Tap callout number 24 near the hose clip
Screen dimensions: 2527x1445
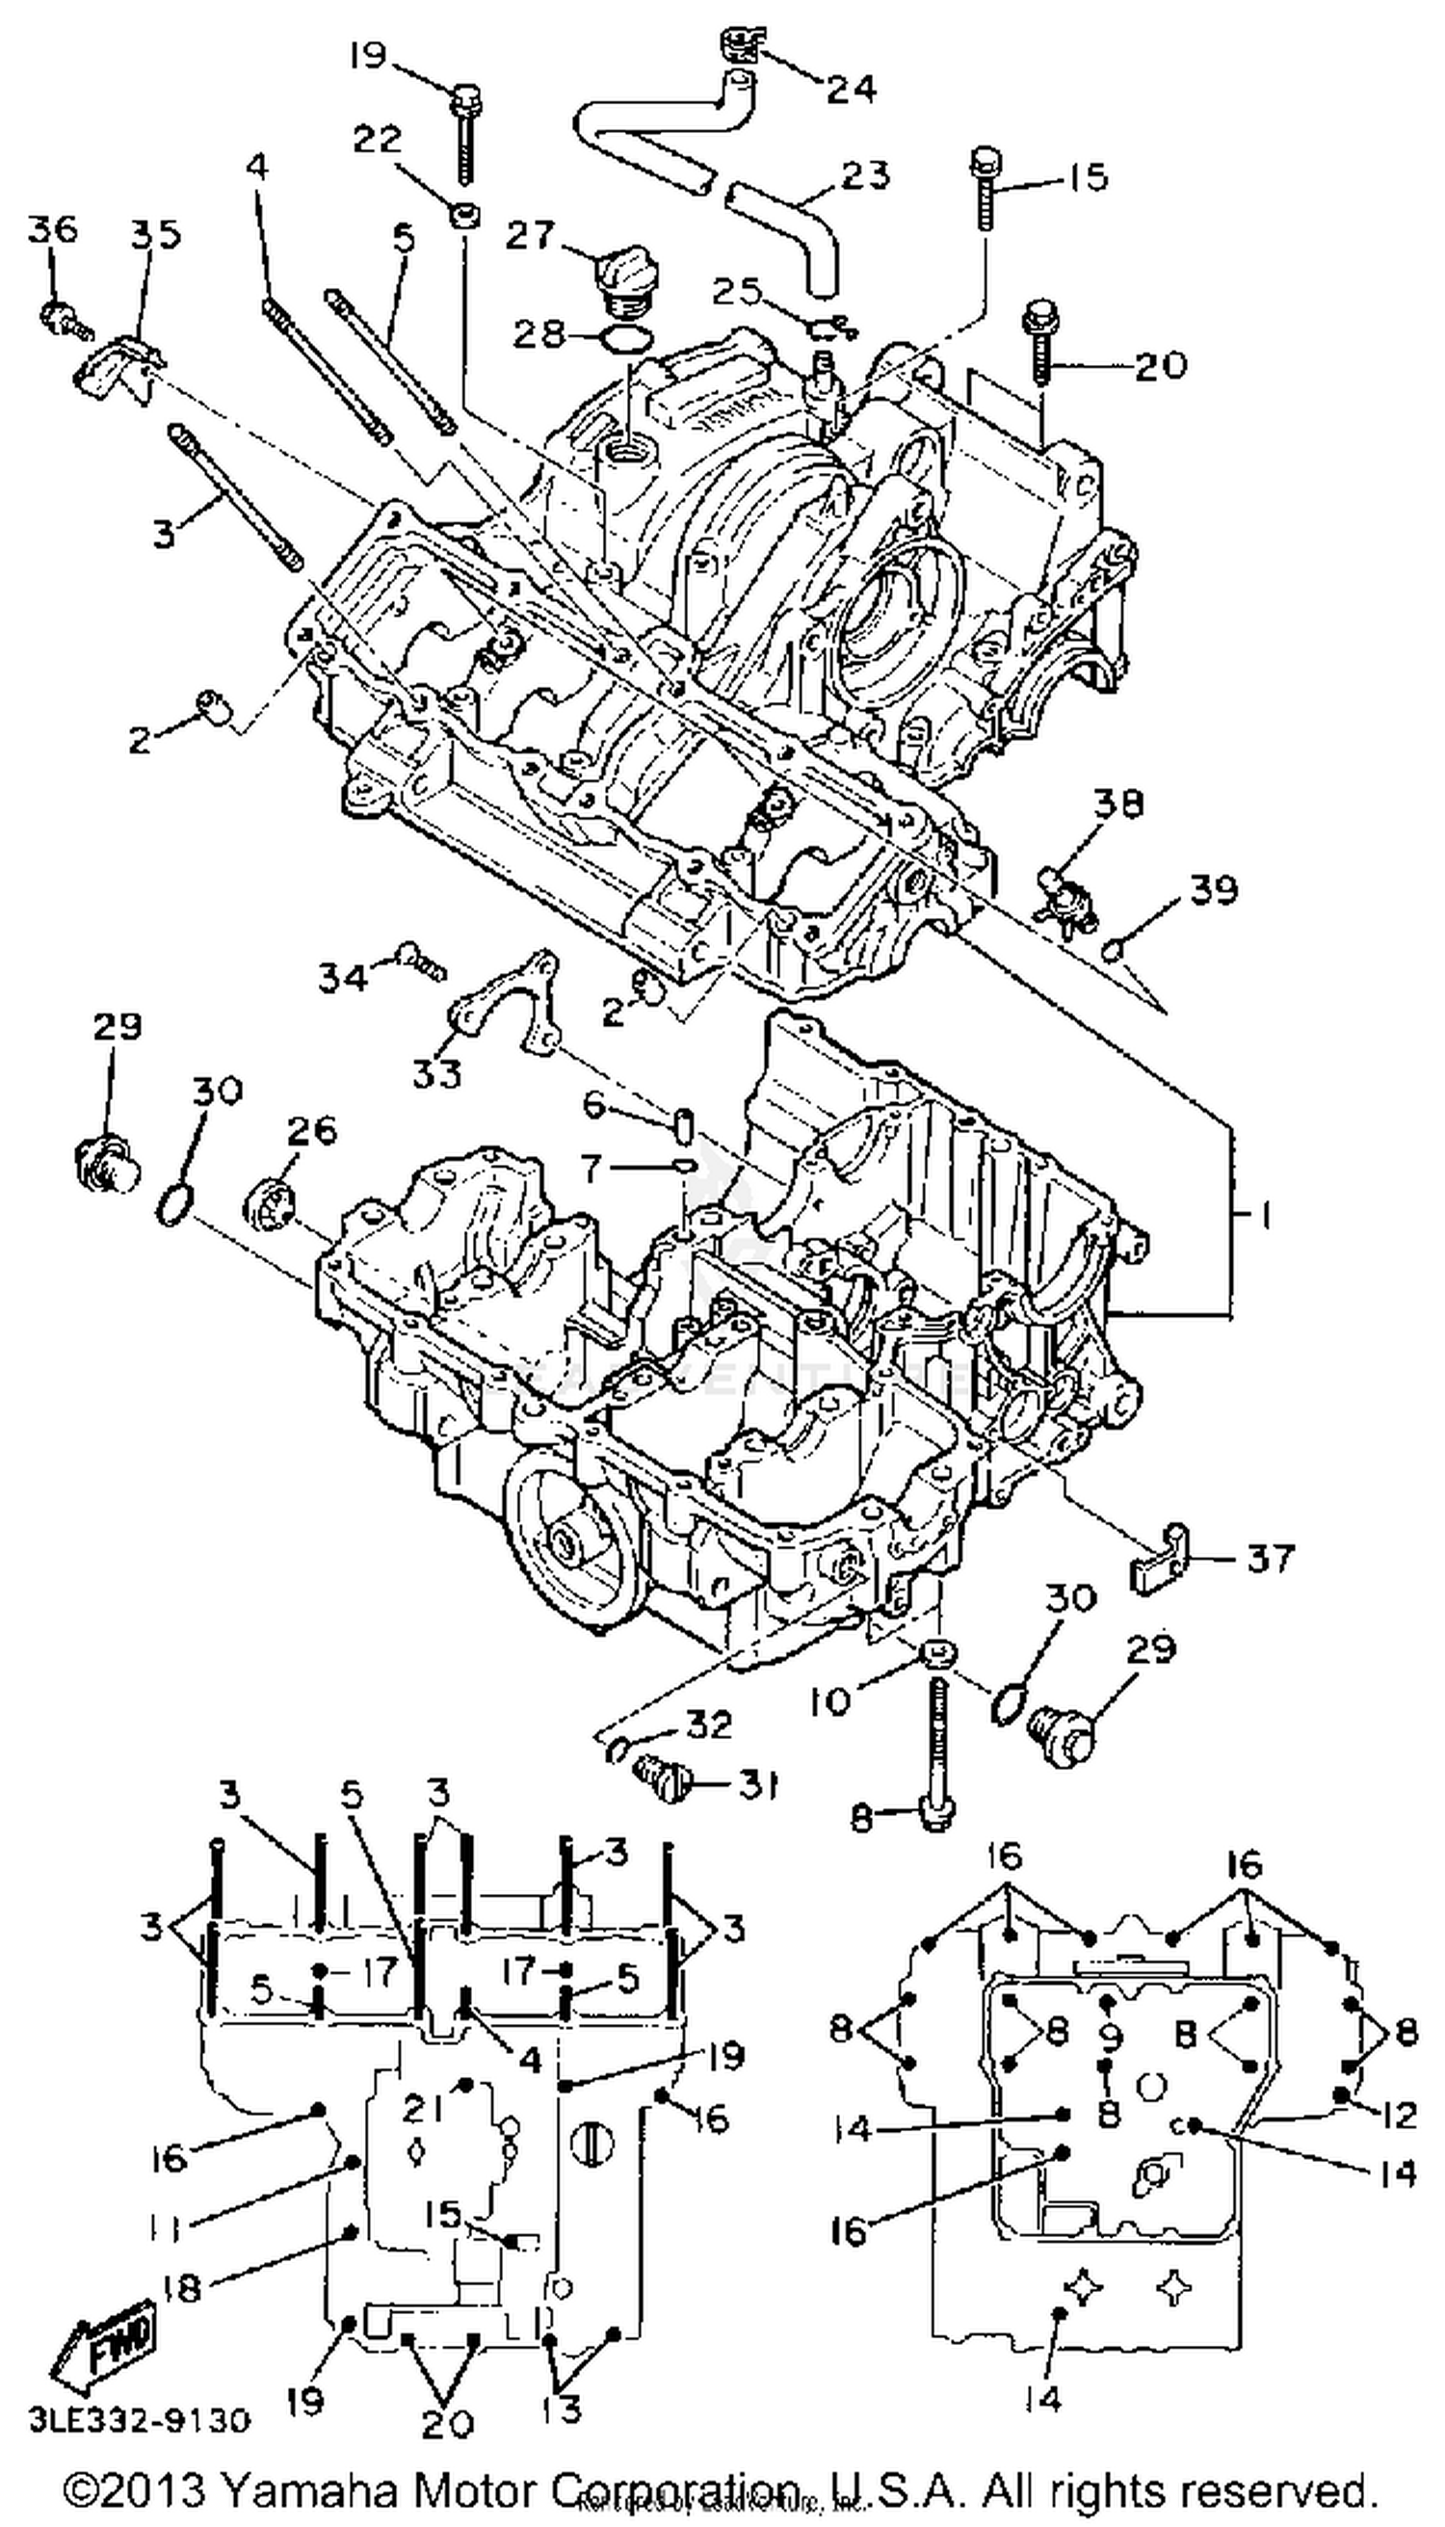pos(852,89)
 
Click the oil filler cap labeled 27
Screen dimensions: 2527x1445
pos(621,270)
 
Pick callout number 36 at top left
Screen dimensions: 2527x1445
pos(52,229)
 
